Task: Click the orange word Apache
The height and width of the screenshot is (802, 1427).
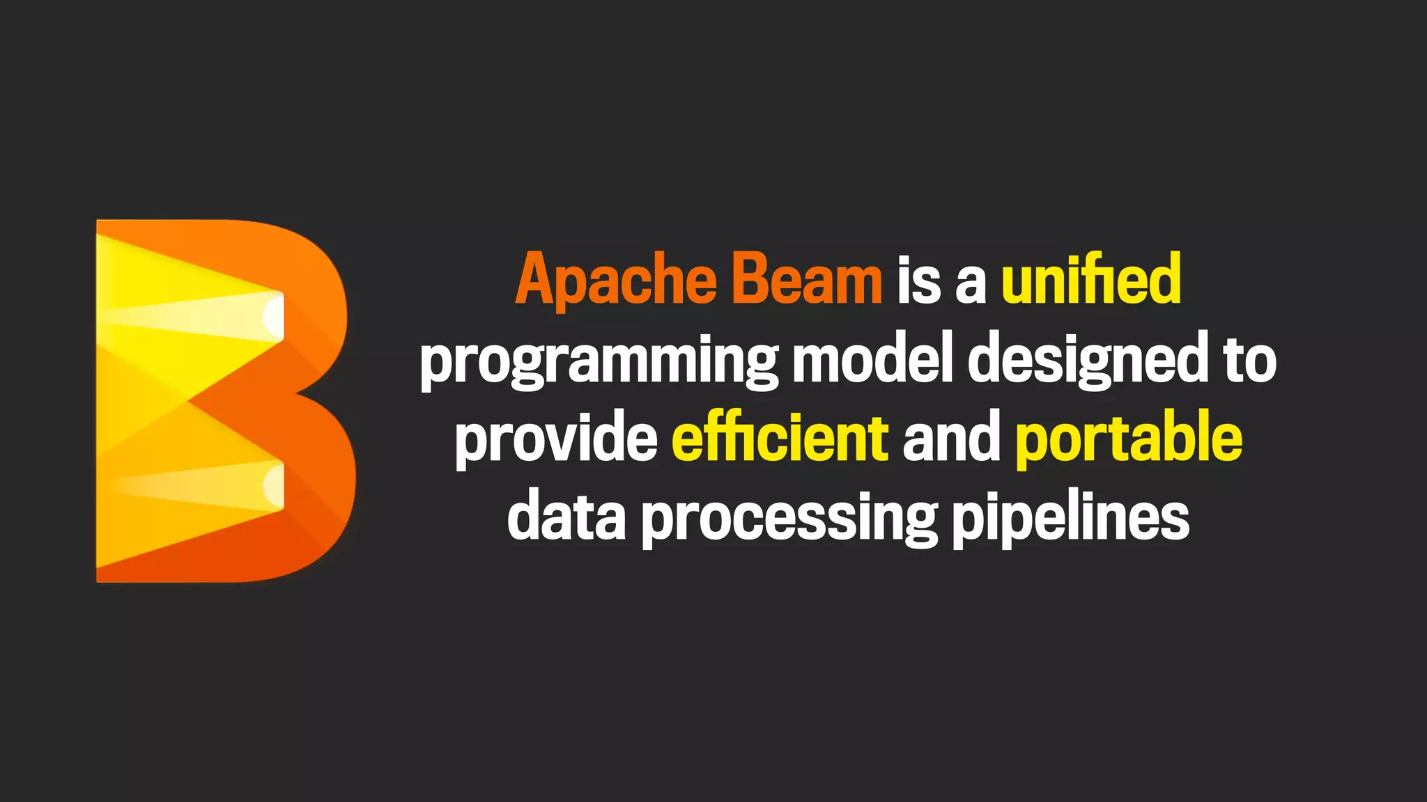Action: point(616,280)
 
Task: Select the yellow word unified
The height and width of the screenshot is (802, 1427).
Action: point(1091,280)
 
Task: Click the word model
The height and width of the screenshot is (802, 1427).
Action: point(872,359)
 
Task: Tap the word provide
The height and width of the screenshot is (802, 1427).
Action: point(556,439)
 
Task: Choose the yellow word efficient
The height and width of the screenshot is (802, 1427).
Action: point(780,439)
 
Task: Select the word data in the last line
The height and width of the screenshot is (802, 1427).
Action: point(566,518)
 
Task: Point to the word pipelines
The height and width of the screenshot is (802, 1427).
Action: point(1071,519)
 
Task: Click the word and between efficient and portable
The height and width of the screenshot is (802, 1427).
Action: point(951,439)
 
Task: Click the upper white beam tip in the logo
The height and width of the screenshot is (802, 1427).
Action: point(274,316)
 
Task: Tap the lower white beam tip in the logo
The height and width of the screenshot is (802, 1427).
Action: point(274,485)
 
